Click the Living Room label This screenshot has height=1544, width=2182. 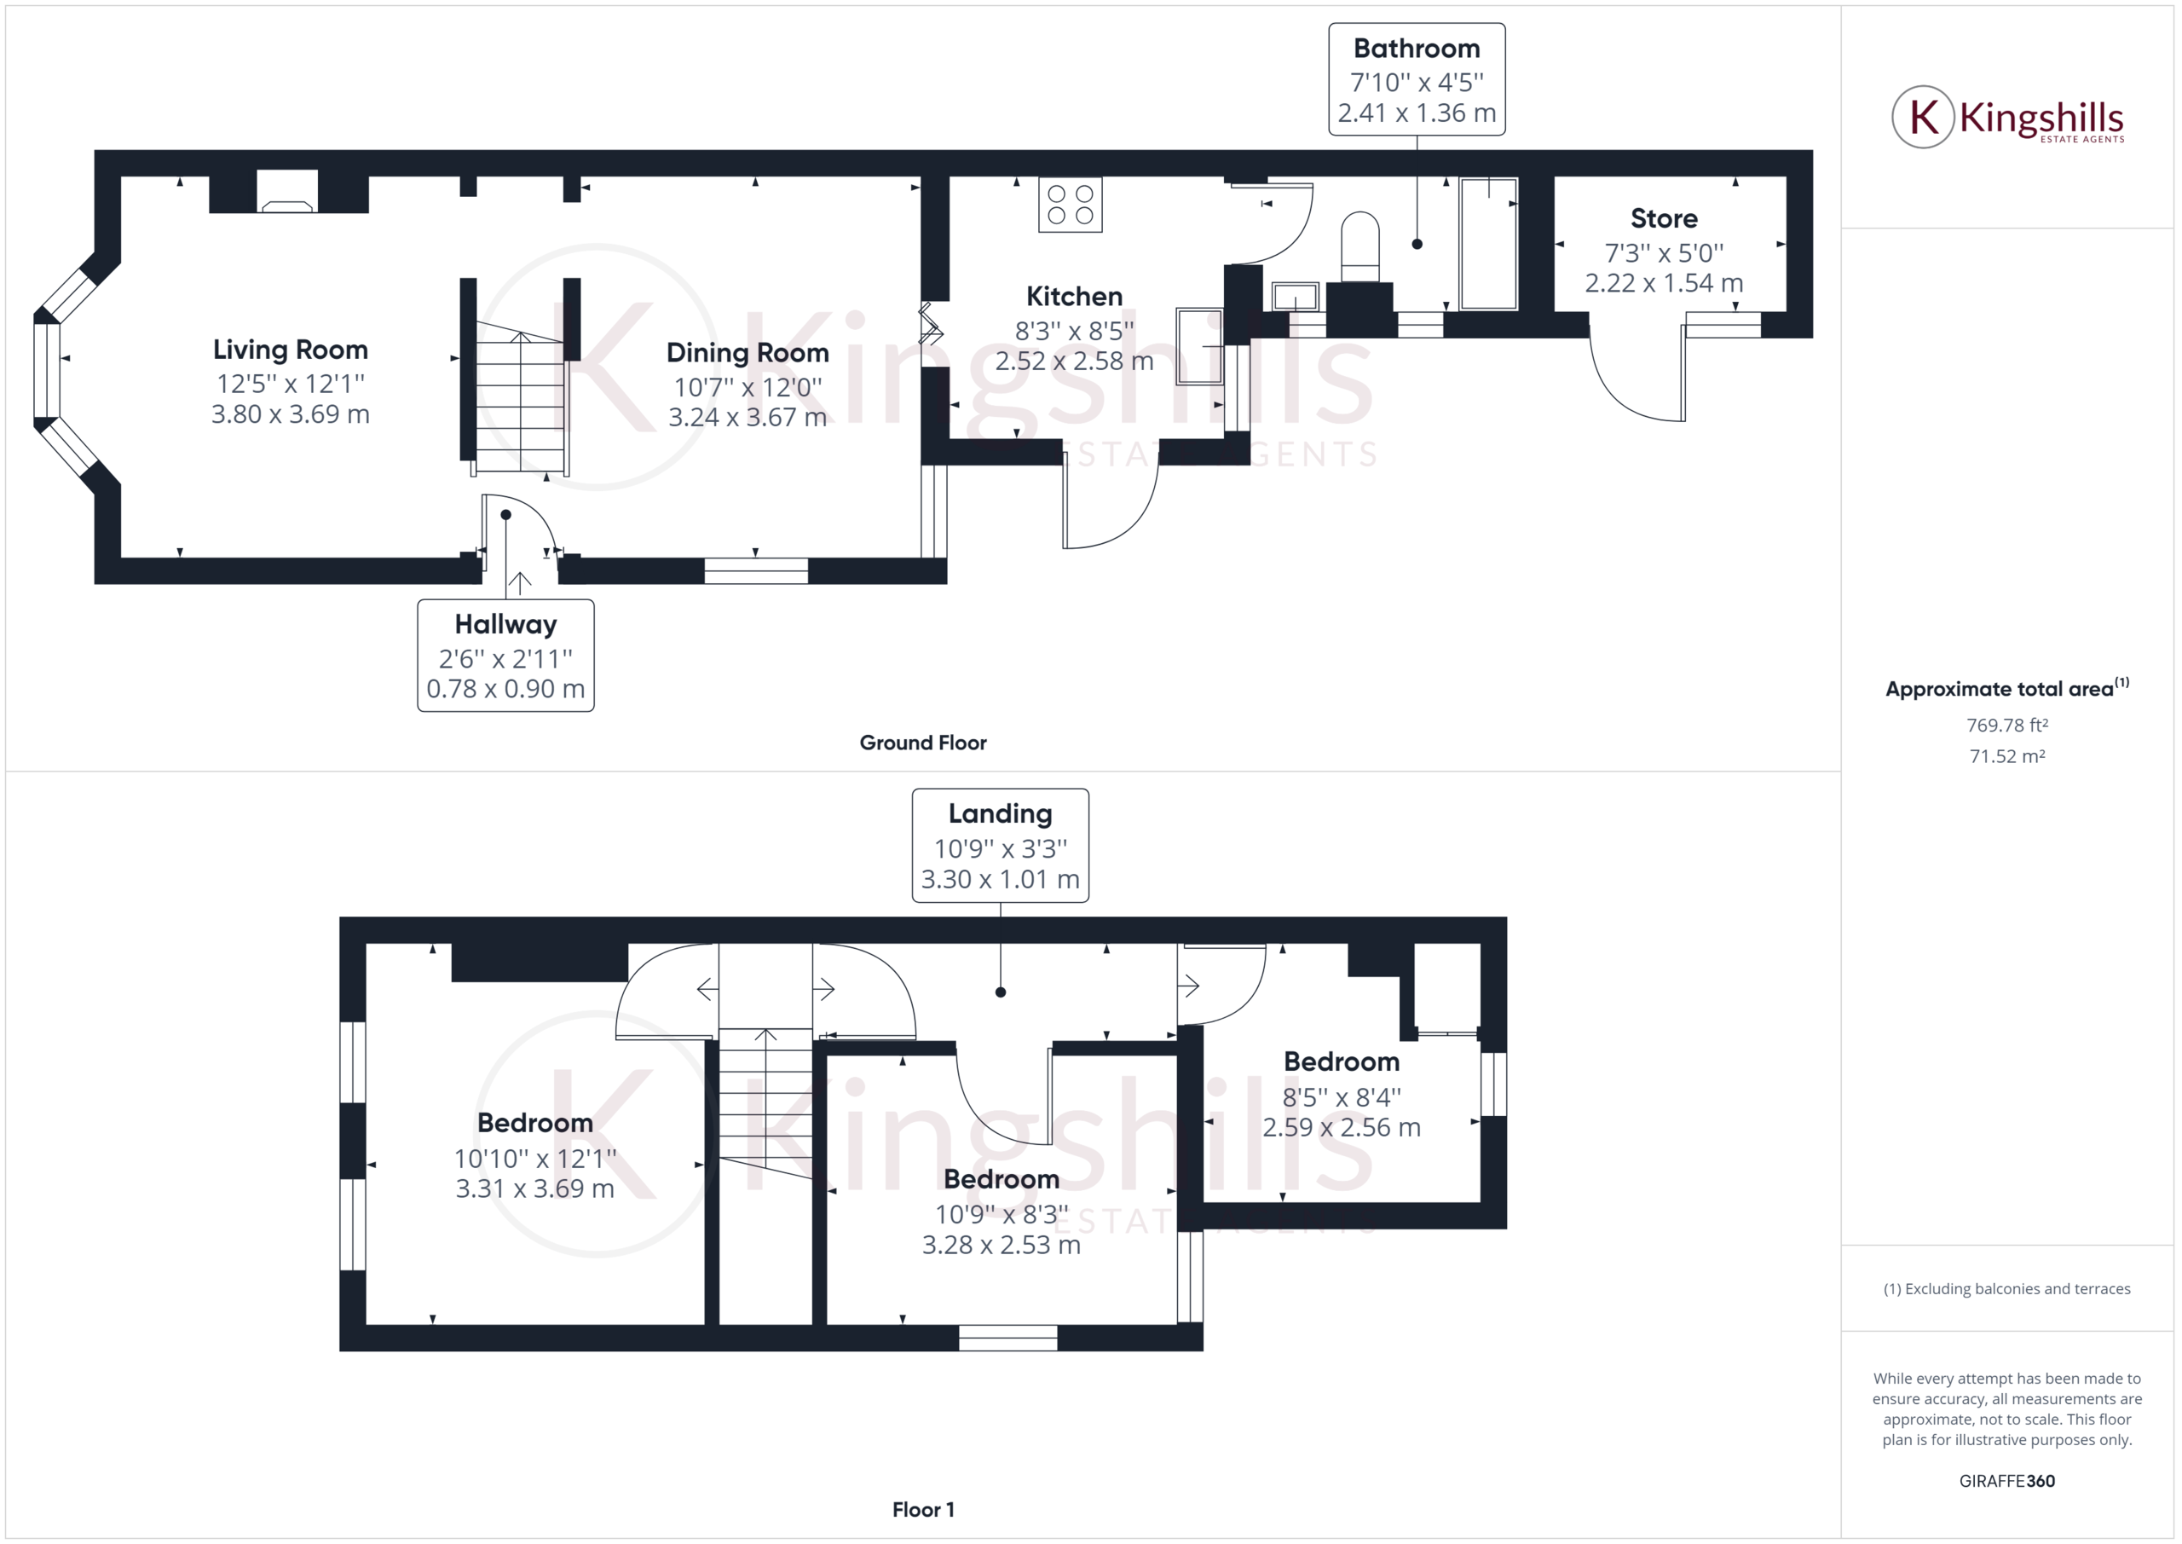point(290,350)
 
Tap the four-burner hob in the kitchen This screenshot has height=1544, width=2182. point(1070,205)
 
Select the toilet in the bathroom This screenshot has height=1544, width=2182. point(1360,247)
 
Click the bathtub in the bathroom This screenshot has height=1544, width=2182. point(1488,243)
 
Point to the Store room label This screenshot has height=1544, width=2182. point(1663,218)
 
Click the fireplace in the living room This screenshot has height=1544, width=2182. point(288,192)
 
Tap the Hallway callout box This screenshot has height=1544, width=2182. point(505,655)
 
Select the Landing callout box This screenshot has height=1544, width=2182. point(1000,845)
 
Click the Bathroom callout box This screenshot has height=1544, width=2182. point(1416,80)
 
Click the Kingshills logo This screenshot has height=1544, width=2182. point(2007,118)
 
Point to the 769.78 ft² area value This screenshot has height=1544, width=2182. point(2006,726)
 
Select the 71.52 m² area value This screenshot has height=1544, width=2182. point(2006,757)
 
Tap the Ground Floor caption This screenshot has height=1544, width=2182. point(923,743)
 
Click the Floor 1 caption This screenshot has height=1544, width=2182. point(923,1510)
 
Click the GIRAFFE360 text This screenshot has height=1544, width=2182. point(2006,1481)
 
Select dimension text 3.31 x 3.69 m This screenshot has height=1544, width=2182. point(534,1188)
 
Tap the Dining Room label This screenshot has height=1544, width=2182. point(747,353)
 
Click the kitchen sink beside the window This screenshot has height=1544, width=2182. point(1199,346)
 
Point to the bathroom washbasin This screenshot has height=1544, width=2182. point(1296,298)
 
